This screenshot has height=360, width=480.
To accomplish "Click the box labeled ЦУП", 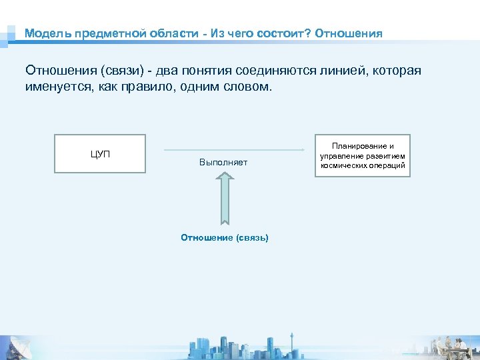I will [x=100, y=154].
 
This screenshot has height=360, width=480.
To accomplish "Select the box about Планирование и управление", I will [x=363, y=156].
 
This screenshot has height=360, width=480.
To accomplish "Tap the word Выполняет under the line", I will [x=223, y=163].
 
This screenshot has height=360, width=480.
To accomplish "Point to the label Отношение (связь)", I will [x=225, y=237].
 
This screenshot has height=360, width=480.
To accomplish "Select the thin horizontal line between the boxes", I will [x=229, y=150].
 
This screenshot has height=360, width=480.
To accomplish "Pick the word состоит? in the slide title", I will [x=283, y=33].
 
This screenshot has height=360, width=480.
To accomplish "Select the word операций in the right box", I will [x=386, y=165].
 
